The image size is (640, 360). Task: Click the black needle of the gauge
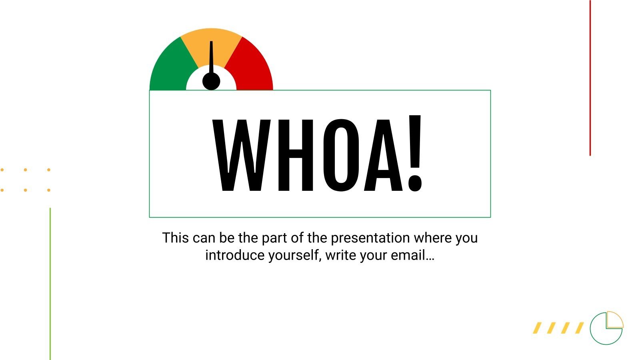pos(211,56)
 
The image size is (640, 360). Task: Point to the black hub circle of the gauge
pos(211,81)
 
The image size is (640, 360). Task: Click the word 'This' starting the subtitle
pos(175,238)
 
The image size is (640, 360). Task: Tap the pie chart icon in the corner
pos(606,328)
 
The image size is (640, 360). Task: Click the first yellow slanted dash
pos(538,328)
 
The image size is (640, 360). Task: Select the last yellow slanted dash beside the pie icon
pos(579,328)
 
